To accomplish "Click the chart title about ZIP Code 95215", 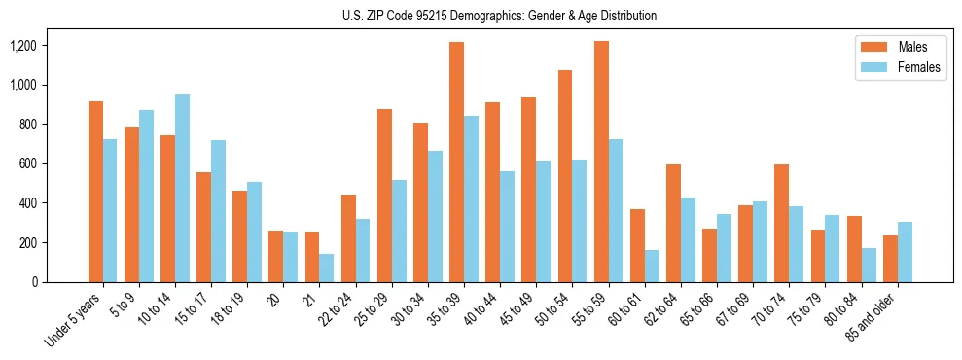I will point(500,16).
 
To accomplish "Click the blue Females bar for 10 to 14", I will point(182,188).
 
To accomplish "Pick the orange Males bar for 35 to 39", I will point(456,162).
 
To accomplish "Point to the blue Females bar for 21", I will point(327,268).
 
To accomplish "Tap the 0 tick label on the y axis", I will point(34,282).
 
